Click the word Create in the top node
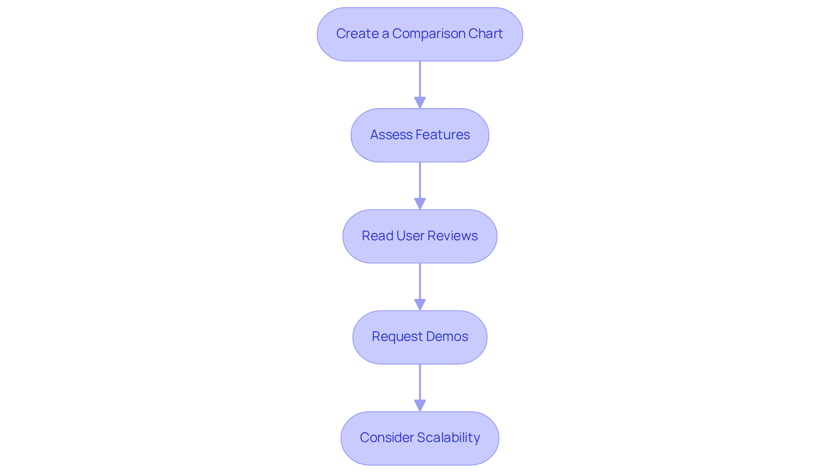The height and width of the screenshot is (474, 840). tap(357, 34)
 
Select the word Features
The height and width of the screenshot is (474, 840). tap(443, 135)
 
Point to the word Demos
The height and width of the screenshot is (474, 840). tap(447, 337)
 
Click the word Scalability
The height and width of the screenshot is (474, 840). tap(448, 438)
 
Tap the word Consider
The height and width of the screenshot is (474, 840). tap(386, 438)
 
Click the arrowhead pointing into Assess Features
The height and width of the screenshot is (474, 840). tap(420, 102)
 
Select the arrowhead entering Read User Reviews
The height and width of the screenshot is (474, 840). tap(420, 204)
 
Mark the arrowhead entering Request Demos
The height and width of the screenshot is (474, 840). tap(420, 305)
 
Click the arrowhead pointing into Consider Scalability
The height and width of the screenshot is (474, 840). tap(420, 405)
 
